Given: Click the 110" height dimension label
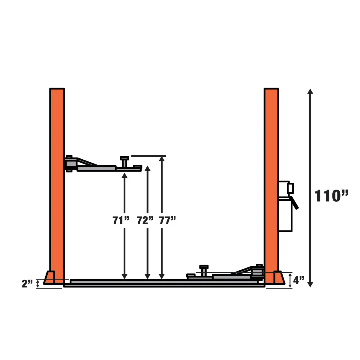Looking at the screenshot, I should (331, 196).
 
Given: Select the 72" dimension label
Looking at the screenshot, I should (145, 220).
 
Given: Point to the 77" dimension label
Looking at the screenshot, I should (167, 220).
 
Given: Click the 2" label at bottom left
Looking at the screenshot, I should (27, 283).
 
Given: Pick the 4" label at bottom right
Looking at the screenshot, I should (298, 280).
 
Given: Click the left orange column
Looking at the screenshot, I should (57, 180).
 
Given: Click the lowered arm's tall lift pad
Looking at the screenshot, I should (204, 270).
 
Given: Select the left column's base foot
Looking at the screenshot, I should (50, 277).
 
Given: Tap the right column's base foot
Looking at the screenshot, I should (278, 277).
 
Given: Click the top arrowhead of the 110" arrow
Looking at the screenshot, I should (310, 91).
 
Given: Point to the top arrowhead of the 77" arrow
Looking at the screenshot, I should (162, 159).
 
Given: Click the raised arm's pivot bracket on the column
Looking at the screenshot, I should (70, 164).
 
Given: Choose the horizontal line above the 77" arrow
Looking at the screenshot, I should (148, 156).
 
